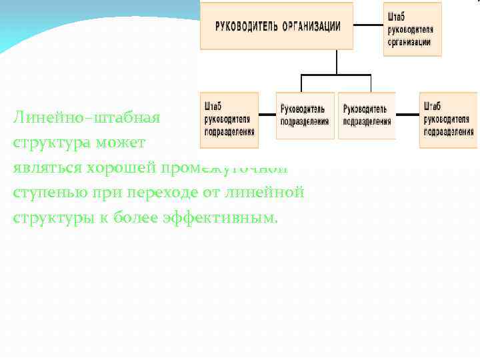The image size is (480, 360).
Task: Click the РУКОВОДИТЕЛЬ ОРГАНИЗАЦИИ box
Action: [277, 27]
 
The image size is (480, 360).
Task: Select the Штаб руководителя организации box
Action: [413, 28]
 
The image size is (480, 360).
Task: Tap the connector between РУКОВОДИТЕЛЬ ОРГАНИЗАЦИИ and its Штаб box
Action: [368, 27]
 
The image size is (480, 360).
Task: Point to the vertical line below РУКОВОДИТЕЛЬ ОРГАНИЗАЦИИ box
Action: [337, 61]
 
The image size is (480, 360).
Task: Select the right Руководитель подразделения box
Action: [366, 115]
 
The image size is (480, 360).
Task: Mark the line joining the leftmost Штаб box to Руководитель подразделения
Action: [267, 115]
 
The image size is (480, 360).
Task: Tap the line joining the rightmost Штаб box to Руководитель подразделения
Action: [407, 115]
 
